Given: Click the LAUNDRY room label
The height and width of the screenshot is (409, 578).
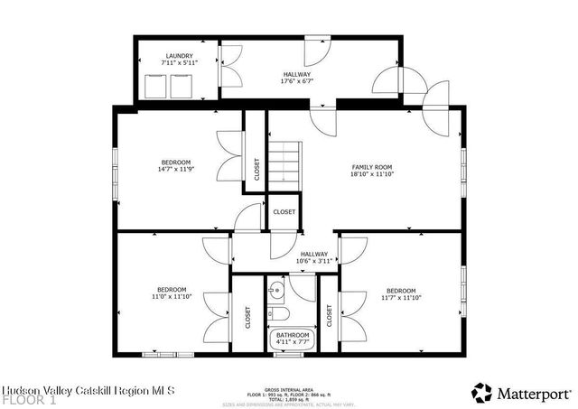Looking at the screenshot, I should (x=178, y=56).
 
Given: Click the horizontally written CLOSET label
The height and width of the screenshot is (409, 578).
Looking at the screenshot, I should (x=284, y=211).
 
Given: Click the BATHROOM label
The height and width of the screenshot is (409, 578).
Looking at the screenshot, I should (x=293, y=335).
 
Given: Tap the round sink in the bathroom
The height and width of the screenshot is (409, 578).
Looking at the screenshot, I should (x=278, y=290).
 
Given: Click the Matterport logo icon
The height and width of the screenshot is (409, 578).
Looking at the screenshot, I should (x=482, y=391).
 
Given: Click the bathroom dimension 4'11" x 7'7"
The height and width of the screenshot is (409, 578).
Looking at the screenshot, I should (x=293, y=342).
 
